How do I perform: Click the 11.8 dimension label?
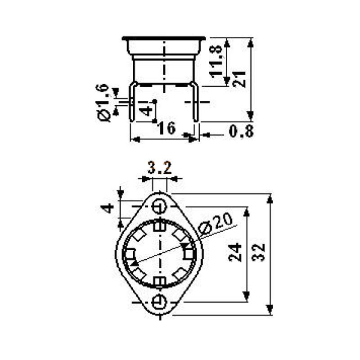216,61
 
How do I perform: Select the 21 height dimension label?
239,79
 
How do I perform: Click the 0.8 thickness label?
241,131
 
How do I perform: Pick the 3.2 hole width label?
160,168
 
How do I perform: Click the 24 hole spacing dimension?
235,253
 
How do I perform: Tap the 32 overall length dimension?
258,252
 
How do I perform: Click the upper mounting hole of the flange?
160,207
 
